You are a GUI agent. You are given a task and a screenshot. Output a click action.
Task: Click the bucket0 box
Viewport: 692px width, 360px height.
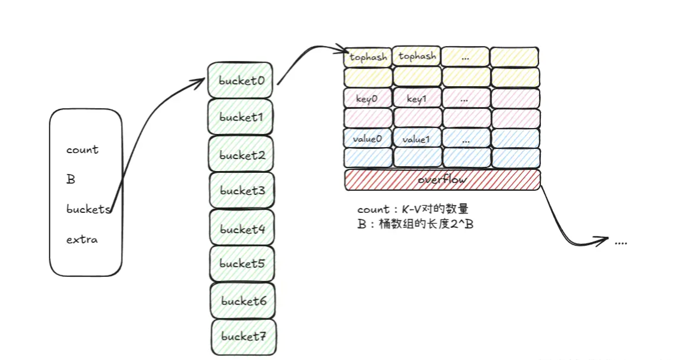point(241,80)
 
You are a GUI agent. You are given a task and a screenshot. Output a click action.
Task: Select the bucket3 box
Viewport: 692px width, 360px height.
point(241,191)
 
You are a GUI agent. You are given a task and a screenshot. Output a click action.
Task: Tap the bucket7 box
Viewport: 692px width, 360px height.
point(243,336)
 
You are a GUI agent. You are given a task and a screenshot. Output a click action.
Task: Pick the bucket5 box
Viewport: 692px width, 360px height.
point(241,263)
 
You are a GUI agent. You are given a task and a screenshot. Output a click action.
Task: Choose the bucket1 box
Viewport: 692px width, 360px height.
point(241,117)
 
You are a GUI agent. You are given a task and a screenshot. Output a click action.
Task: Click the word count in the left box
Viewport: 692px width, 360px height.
point(82,150)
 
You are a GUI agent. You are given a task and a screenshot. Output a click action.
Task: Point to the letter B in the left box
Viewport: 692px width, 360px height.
point(71,179)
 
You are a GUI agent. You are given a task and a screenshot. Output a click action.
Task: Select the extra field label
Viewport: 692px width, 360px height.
point(82,240)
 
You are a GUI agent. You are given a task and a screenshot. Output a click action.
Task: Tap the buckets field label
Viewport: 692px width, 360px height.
point(88,209)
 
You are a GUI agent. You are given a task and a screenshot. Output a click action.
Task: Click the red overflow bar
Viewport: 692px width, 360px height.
point(442,179)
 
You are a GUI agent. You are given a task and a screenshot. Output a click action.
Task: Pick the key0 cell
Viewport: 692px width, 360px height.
point(368,98)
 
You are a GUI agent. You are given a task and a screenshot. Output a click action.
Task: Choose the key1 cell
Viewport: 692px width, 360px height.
point(417,98)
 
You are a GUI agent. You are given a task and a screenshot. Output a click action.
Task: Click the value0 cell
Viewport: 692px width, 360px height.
point(368,139)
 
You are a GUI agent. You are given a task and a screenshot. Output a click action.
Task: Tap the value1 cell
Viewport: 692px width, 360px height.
point(417,139)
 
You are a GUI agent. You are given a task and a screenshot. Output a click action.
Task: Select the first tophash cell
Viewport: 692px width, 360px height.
point(368,57)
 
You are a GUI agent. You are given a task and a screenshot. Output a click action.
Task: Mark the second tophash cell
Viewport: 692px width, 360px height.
point(417,57)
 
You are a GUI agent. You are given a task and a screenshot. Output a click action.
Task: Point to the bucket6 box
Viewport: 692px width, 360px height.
point(243,300)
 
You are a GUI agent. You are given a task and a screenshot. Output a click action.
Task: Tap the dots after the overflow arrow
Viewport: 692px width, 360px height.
point(620,242)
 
